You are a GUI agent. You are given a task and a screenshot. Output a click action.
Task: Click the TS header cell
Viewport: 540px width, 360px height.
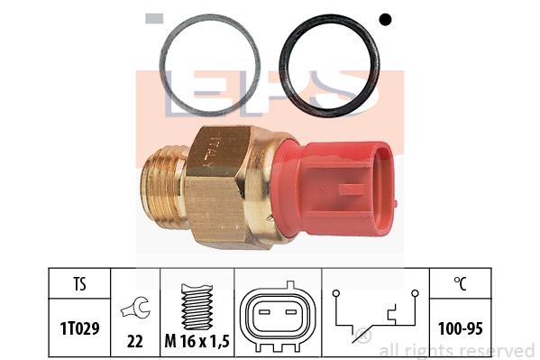point(79,284)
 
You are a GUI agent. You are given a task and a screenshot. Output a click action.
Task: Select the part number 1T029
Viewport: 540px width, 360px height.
point(80,328)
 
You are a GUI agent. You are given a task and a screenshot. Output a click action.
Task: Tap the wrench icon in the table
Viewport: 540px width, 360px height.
point(135,307)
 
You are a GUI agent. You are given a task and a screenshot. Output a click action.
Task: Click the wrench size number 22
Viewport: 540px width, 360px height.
point(135,341)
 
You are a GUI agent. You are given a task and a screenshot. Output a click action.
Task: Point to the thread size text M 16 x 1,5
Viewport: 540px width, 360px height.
point(197,341)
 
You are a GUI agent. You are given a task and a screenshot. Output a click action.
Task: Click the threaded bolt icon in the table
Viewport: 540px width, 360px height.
point(197,307)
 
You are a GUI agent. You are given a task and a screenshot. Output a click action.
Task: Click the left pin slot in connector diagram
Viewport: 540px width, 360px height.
point(264,312)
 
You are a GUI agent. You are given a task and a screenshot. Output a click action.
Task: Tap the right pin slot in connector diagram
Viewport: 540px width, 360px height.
point(291,312)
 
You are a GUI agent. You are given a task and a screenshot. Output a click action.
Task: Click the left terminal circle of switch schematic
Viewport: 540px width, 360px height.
point(336,293)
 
